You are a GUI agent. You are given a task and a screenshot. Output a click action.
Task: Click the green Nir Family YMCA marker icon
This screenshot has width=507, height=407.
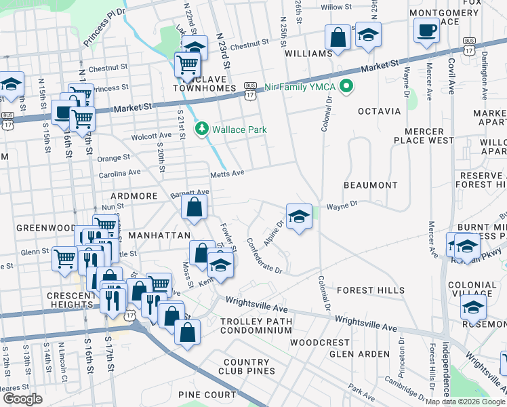(x=347, y=86)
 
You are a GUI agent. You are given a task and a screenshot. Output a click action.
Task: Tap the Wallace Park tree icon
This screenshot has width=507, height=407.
(x=201, y=129)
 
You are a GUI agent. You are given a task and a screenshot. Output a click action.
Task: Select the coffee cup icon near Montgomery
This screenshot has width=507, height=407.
(x=426, y=31)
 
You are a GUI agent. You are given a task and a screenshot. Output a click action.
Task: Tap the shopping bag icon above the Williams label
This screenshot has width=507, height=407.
(x=338, y=38)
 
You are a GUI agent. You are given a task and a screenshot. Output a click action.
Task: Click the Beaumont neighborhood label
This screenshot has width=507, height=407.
(x=370, y=185)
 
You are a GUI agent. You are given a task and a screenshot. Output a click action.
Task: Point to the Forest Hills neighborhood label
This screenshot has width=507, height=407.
(x=371, y=290)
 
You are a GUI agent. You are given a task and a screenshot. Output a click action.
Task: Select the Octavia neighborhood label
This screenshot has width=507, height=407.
(x=375, y=110)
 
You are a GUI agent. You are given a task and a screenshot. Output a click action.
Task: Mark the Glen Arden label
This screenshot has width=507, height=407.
(x=359, y=354)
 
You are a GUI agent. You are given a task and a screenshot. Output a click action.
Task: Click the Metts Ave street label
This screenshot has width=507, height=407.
(x=226, y=174)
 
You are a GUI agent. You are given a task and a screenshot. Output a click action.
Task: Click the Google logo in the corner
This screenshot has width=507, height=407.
(x=22, y=399)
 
